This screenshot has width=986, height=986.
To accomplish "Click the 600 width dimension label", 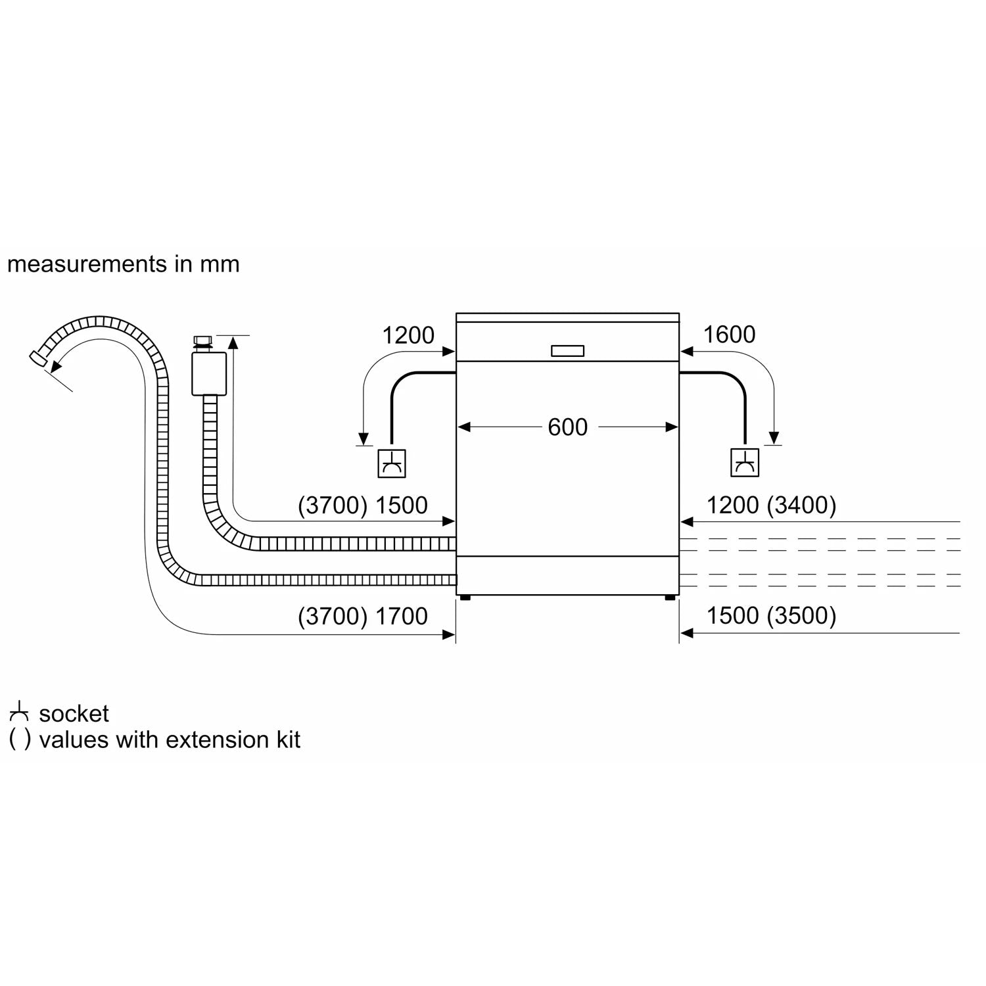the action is (567, 427).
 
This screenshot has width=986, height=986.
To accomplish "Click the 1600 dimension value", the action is (729, 335).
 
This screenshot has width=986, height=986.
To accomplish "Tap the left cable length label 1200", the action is (408, 335).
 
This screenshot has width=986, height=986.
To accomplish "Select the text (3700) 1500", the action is (362, 505).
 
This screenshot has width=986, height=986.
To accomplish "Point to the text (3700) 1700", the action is (362, 616).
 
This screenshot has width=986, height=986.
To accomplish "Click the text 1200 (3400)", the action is (771, 505).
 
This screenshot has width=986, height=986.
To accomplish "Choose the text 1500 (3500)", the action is (771, 615).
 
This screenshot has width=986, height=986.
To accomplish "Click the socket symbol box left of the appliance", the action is (392, 463).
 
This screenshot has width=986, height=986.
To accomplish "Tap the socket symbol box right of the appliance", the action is (745, 463).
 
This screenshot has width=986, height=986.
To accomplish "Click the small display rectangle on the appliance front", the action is (567, 351).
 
